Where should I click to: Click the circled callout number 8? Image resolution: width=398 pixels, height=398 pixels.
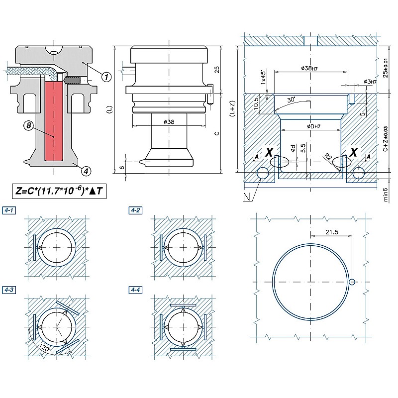(x=29, y=126)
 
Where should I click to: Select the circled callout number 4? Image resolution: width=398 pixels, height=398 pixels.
(x=87, y=171)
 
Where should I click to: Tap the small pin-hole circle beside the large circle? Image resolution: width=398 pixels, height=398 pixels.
(x=352, y=282)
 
